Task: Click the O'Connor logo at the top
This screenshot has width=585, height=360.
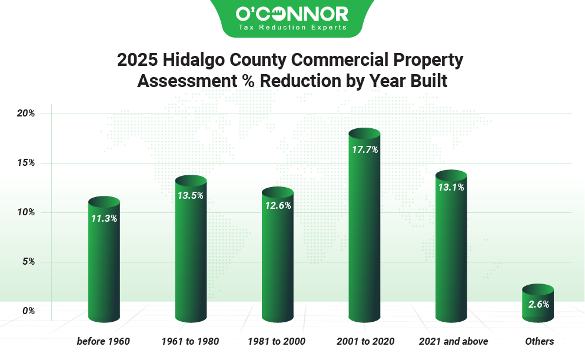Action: click(292, 14)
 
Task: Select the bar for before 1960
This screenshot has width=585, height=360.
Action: click(104, 265)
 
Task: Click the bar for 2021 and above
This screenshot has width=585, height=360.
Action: click(451, 253)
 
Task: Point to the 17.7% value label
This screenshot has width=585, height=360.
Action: click(364, 149)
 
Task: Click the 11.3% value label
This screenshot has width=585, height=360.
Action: click(104, 218)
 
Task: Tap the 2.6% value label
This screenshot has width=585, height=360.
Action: click(538, 304)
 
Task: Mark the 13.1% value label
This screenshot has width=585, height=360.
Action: click(451, 188)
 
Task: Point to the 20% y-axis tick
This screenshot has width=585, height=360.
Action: click(26, 114)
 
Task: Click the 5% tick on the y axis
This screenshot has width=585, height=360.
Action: click(28, 262)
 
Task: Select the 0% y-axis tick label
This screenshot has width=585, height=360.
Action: click(28, 311)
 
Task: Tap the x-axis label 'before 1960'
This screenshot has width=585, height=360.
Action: click(104, 341)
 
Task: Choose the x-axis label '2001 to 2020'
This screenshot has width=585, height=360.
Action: click(365, 341)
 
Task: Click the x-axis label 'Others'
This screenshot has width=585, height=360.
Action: click(539, 341)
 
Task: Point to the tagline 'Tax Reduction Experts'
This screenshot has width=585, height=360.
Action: click(292, 28)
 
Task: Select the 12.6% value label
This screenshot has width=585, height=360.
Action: click(277, 205)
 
